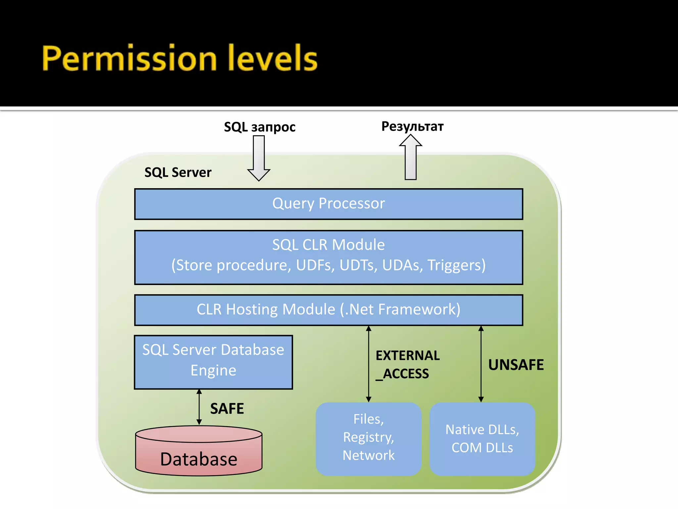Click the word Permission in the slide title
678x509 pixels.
[x=129, y=59]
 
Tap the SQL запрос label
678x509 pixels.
[x=260, y=127]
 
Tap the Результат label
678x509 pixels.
[x=412, y=126]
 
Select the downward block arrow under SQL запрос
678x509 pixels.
[x=259, y=158]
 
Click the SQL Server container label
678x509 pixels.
[x=178, y=172]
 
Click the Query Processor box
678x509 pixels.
[x=328, y=204]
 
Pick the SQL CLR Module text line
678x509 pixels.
[x=328, y=245]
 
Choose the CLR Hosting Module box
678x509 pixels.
[x=328, y=310]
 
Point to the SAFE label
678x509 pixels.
[x=227, y=409]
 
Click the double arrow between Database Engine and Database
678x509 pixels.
[x=199, y=407]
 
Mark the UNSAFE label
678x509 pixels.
[x=516, y=365]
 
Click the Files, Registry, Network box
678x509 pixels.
[x=368, y=437]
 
